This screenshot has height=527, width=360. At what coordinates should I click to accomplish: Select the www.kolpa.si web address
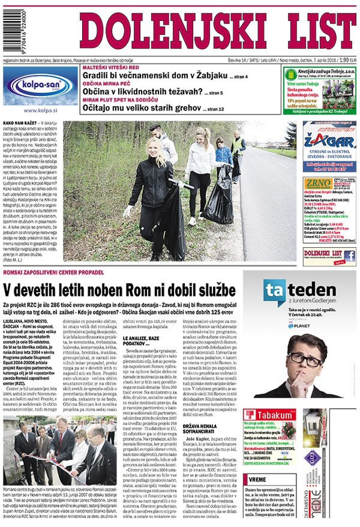pos(40,110)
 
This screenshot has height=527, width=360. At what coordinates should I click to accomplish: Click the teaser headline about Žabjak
pos(155,75)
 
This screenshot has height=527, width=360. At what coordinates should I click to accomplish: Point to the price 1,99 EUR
pos(348,60)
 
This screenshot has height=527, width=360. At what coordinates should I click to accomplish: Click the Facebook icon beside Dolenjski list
pos(349,256)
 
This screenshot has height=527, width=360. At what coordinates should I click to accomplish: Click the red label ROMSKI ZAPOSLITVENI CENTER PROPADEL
pos(53,273)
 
